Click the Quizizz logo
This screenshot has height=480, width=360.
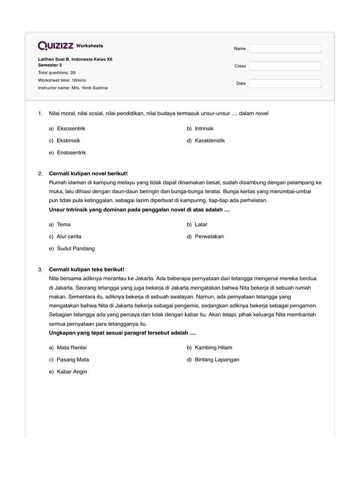tap(55, 45)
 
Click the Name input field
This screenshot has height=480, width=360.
tap(285, 49)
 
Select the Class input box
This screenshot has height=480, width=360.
tap(285, 66)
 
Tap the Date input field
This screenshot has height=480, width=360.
tap(285, 83)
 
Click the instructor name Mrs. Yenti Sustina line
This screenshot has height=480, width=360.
tap(73, 88)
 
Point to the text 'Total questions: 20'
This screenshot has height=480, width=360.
tap(57, 73)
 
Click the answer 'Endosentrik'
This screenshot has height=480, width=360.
tap(71, 153)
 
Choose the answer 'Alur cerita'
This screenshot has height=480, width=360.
tap(69, 237)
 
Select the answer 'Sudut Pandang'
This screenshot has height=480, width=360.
tap(75, 249)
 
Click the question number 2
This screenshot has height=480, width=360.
tap(40, 174)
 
